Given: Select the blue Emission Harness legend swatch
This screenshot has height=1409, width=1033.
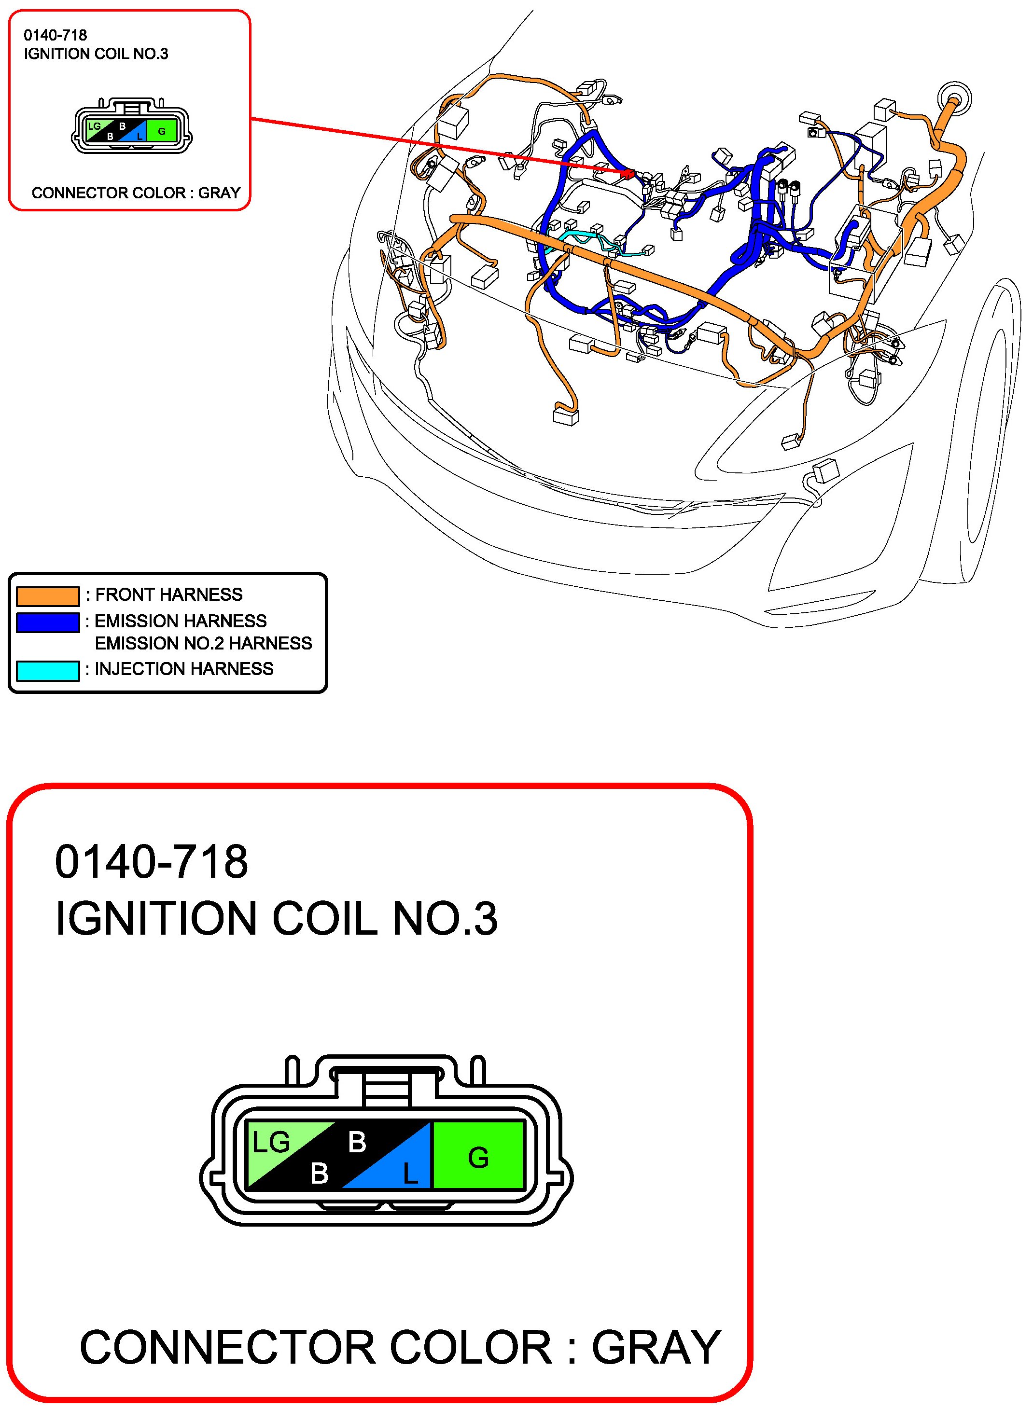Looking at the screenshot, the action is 47,622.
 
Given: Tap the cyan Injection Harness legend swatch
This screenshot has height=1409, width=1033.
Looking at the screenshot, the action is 47,670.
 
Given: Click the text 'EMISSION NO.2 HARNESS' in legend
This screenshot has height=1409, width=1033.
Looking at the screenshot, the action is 203,643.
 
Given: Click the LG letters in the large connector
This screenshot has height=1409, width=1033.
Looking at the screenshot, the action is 271,1143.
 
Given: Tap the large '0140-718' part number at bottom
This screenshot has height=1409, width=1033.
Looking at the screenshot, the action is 152,862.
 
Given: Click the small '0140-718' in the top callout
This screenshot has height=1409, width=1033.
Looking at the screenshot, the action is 55,36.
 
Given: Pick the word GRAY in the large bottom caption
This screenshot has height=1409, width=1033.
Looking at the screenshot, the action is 656,1348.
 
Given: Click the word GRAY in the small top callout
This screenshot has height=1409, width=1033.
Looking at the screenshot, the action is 220,193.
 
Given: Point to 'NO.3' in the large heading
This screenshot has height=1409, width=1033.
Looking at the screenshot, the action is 445,918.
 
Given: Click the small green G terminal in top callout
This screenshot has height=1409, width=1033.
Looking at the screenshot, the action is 162,131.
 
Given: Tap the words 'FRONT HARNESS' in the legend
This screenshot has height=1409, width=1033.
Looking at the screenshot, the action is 169,594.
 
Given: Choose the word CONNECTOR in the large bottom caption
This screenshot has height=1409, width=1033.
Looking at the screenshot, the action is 228,1348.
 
